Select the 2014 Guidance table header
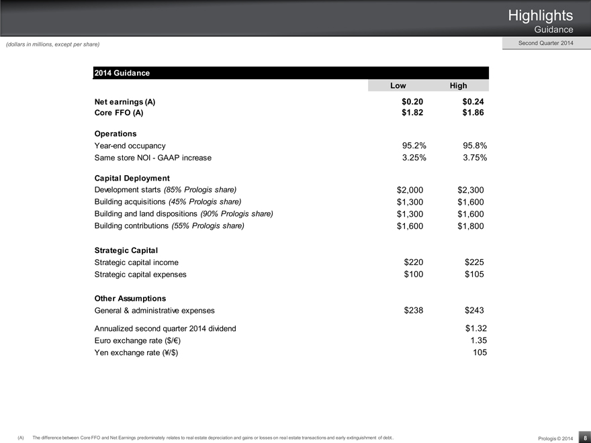tap(122, 72)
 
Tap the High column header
tap(459, 86)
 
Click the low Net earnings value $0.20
tap(408, 101)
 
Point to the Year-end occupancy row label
tap(130, 145)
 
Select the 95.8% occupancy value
tap(475, 145)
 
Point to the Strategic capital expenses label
tap(141, 275)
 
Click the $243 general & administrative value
tap(474, 310)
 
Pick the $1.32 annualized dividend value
tap(475, 328)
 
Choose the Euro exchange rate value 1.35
tap(479, 340)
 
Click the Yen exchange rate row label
tap(137, 352)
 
